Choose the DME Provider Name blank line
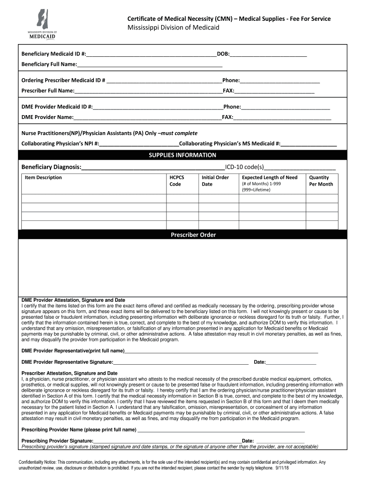(147, 117)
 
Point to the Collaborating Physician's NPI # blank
(139, 144)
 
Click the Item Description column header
(43, 178)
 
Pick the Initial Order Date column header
(215, 181)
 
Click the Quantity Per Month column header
(321, 181)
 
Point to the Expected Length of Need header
(270, 178)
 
